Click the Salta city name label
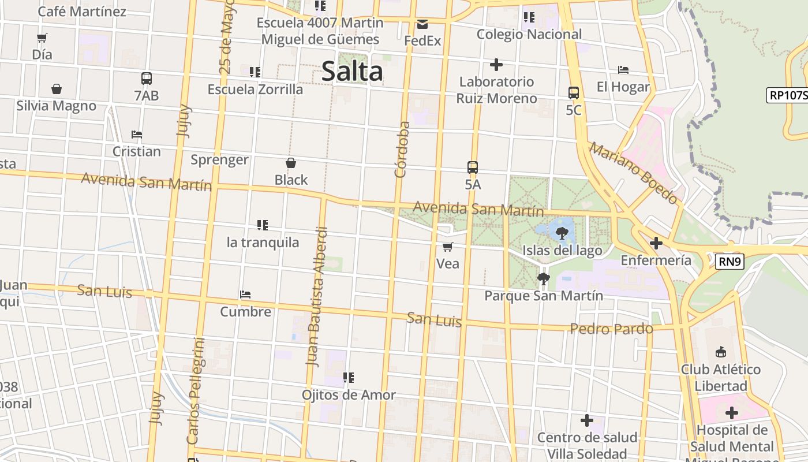pyautogui.click(x=351, y=72)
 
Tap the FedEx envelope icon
pyautogui.click(x=422, y=24)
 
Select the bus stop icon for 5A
pyautogui.click(x=473, y=167)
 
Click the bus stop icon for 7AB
pyautogui.click(x=147, y=79)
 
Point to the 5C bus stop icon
pyautogui.click(x=574, y=93)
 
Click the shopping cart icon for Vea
pyautogui.click(x=447, y=247)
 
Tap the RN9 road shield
pyautogui.click(x=730, y=262)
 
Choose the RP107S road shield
pyautogui.click(x=787, y=95)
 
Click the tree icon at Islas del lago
pyautogui.click(x=562, y=233)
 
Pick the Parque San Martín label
pyautogui.click(x=544, y=296)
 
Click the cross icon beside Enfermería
pyautogui.click(x=656, y=243)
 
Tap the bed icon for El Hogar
pyautogui.click(x=623, y=70)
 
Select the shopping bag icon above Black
pyautogui.click(x=291, y=163)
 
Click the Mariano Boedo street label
pyautogui.click(x=633, y=173)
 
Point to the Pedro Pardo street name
pyautogui.click(x=612, y=329)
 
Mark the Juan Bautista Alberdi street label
pyautogui.click(x=317, y=297)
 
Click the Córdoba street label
pyautogui.click(x=402, y=149)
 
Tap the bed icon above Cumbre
pyautogui.click(x=245, y=295)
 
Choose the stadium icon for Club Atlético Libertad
pyautogui.click(x=720, y=352)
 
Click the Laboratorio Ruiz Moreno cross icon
pyautogui.click(x=496, y=65)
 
